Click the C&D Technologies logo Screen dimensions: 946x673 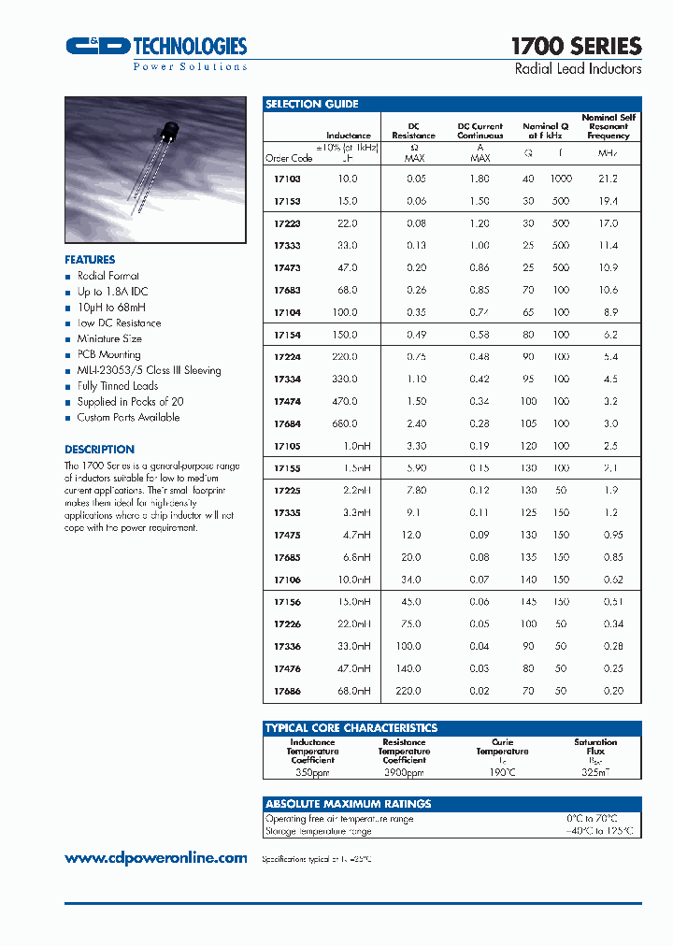[155, 49]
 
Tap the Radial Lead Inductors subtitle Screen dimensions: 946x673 [578, 69]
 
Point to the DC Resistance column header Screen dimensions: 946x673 [413, 131]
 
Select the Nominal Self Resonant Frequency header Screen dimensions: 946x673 [608, 126]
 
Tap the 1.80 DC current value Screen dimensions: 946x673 [479, 179]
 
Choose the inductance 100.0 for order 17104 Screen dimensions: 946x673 [345, 312]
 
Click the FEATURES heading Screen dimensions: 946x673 [90, 260]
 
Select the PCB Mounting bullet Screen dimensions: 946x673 [108, 354]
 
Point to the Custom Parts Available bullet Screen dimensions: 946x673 [128, 417]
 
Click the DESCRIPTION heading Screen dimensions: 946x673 [99, 449]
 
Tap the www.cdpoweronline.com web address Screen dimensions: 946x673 [156, 858]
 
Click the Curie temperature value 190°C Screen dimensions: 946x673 [501, 773]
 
